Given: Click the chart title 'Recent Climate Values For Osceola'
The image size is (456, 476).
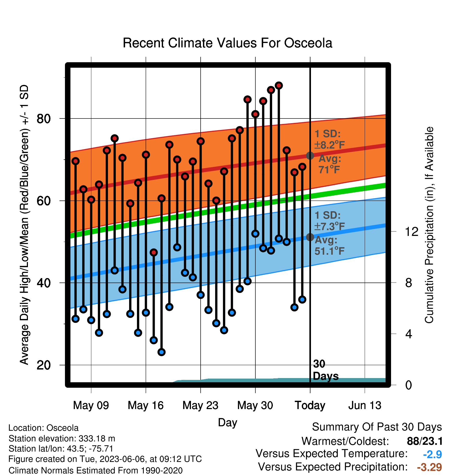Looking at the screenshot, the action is (x=227, y=43).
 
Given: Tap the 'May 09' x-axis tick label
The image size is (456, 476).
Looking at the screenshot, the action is (x=91, y=405).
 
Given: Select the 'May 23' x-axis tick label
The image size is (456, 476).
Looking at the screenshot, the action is (x=200, y=405).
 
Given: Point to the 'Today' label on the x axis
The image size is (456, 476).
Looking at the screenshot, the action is (x=310, y=406).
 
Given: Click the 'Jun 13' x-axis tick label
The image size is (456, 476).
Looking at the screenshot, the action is (x=365, y=405).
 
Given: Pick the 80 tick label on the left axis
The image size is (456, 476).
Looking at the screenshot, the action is (x=44, y=119).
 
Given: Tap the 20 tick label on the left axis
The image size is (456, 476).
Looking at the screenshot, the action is (x=44, y=365).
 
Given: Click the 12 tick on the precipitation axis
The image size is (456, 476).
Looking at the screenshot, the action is (x=411, y=231).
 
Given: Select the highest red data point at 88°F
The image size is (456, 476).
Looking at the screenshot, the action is (x=279, y=85).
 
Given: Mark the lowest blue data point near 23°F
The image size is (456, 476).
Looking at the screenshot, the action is (x=161, y=352).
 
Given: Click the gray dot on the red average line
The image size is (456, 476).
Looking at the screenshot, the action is (x=310, y=156).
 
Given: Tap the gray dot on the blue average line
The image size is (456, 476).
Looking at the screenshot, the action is (x=310, y=237).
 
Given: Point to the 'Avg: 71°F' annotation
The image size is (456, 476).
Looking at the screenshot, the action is (x=330, y=164).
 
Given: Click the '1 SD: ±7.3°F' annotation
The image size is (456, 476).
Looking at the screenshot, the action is (x=330, y=221).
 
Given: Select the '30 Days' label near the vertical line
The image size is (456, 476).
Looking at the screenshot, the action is (x=326, y=370).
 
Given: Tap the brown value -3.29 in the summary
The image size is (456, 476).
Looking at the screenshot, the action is (x=429, y=467).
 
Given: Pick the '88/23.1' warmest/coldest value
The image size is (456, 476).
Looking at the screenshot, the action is (x=425, y=441).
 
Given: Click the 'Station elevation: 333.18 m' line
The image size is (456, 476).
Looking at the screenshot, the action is (x=62, y=439).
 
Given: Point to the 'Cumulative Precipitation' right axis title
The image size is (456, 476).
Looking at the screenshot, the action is (x=429, y=225).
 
